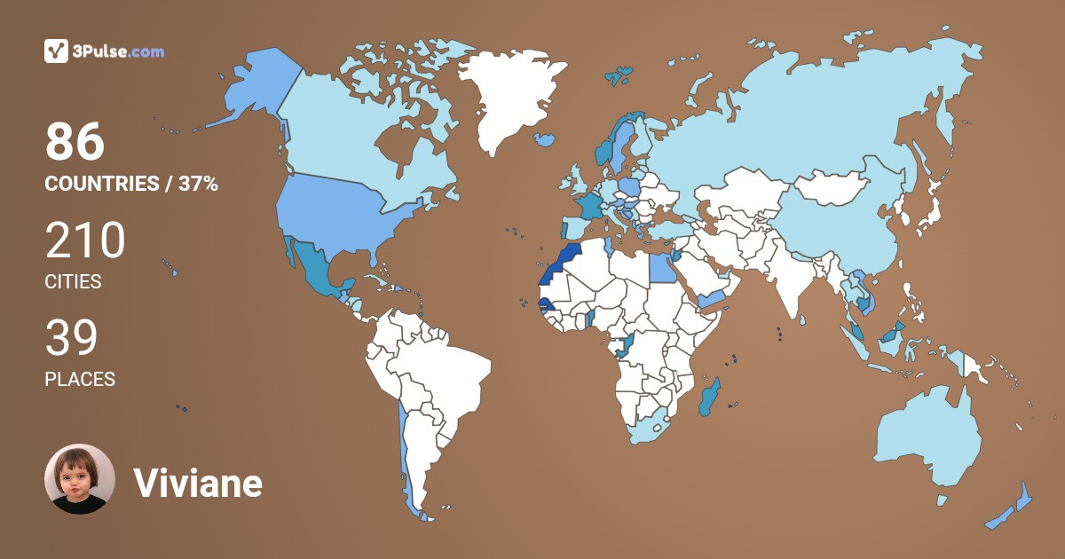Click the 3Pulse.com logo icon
pyautogui.click(x=57, y=51)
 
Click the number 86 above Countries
pyautogui.click(x=75, y=142)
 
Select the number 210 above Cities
pyautogui.click(x=85, y=240)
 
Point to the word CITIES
pyautogui.click(x=73, y=282)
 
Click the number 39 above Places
pyautogui.click(x=71, y=338)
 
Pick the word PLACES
pyautogui.click(x=80, y=380)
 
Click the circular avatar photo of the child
pyautogui.click(x=80, y=479)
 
